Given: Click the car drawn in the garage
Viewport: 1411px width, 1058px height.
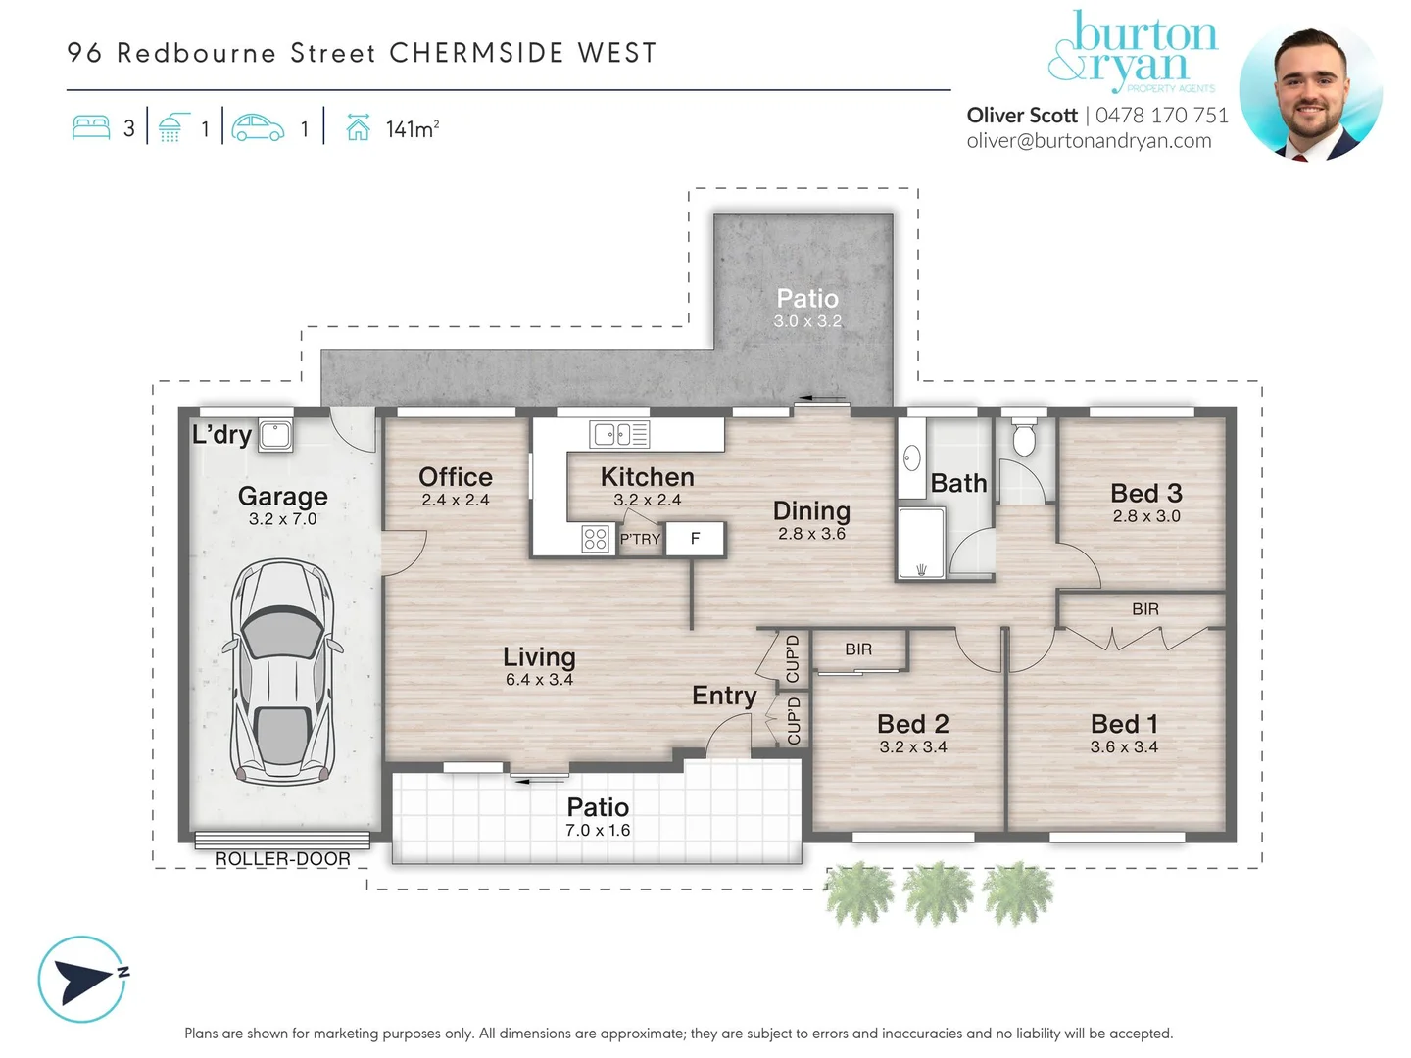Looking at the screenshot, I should click(x=282, y=673).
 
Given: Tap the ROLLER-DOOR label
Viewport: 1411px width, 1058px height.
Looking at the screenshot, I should click(x=282, y=859).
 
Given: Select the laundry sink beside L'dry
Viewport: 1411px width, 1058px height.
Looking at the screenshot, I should click(x=275, y=435).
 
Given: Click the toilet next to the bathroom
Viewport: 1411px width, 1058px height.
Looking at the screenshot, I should click(x=1024, y=440).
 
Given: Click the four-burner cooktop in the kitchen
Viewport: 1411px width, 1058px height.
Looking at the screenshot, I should click(x=595, y=539).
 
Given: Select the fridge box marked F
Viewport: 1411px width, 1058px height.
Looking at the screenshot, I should click(x=695, y=538).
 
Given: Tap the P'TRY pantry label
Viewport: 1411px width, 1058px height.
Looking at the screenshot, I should click(x=640, y=539).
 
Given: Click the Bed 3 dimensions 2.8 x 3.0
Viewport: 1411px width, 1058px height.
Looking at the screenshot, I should click(x=1146, y=516).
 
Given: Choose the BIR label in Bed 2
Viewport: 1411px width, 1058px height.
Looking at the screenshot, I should click(x=858, y=649).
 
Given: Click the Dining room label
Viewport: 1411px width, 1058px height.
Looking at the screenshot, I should click(x=811, y=510).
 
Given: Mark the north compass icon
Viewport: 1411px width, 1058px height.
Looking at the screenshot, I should click(x=82, y=979).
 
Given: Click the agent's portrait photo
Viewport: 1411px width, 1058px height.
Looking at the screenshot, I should click(x=1310, y=92).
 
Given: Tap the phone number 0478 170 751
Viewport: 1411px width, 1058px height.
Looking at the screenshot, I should click(x=1162, y=116).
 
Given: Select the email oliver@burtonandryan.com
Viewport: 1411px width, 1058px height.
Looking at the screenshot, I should click(x=1089, y=141).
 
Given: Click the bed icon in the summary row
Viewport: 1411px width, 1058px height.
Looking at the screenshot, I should click(x=91, y=128).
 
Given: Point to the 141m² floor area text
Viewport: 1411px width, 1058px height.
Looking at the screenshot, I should click(x=412, y=129).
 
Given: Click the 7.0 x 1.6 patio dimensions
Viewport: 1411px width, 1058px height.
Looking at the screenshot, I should click(x=598, y=831).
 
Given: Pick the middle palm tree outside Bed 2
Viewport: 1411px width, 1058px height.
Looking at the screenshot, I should click(x=939, y=892).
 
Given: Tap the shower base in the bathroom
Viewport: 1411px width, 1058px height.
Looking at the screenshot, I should click(x=922, y=542).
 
